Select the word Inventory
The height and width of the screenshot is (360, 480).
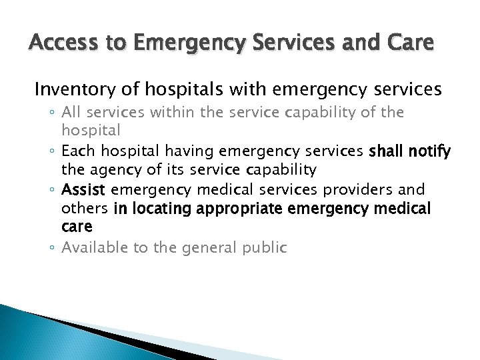(x=72, y=89)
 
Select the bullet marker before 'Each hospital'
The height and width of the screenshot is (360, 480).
(x=53, y=152)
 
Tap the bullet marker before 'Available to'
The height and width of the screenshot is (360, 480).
(x=53, y=249)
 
